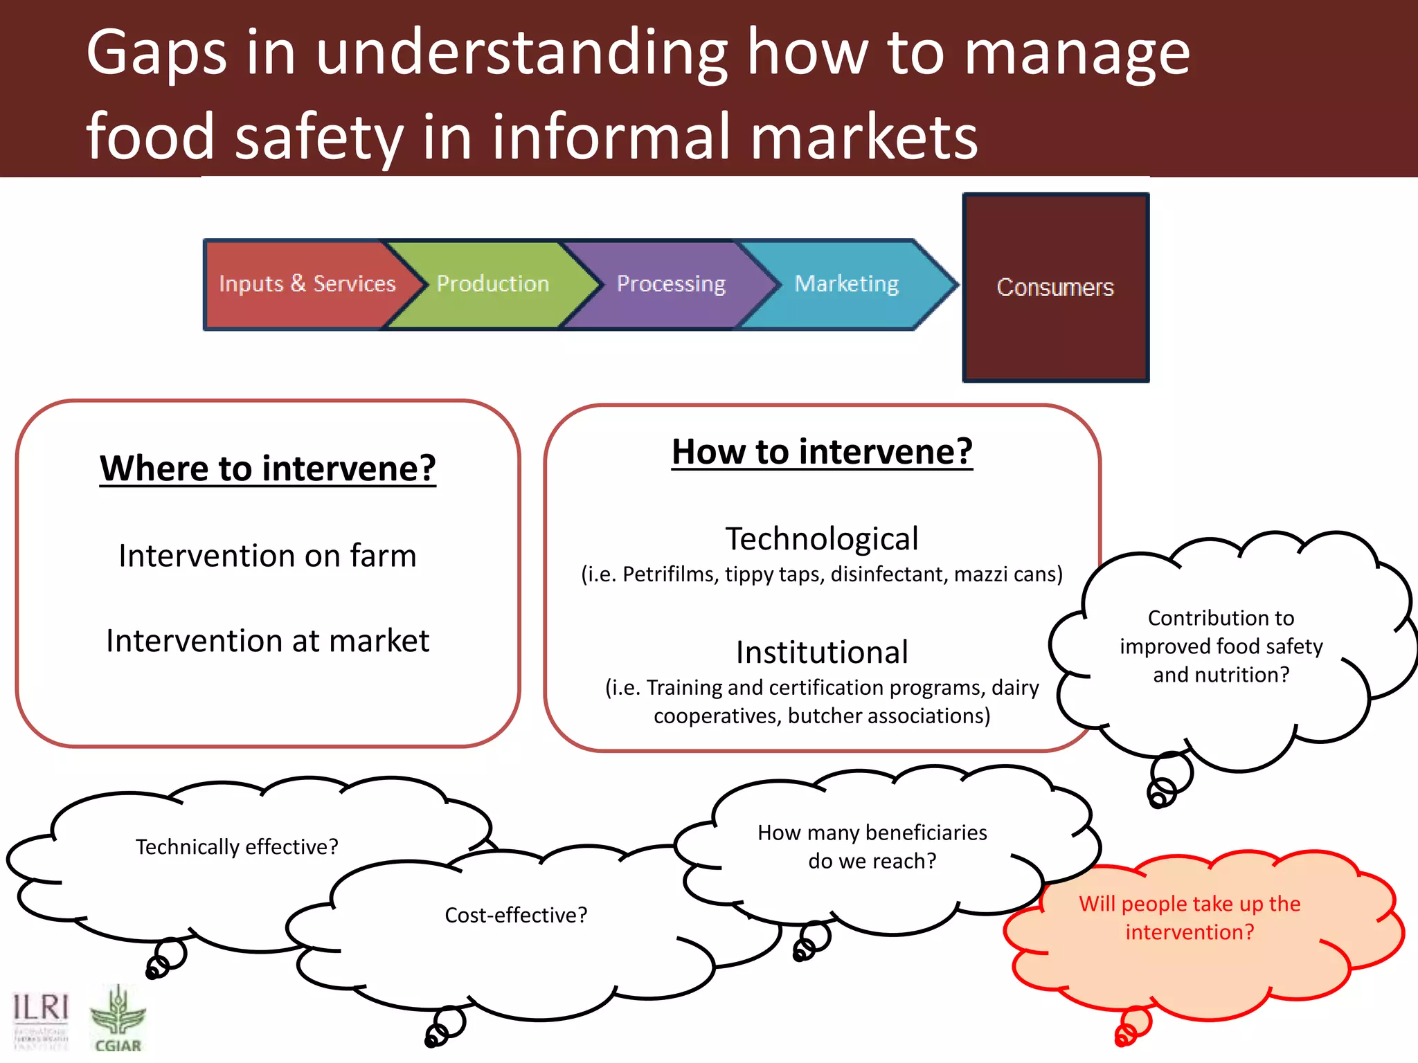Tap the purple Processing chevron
point(671,284)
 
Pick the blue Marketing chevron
point(846,284)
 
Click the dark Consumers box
point(1055,287)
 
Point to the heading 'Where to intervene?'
point(268,469)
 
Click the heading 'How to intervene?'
point(822,452)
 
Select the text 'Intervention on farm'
point(267,556)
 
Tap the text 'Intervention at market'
point(267,641)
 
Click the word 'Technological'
point(822,538)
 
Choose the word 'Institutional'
point(822,652)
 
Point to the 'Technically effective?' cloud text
point(237,846)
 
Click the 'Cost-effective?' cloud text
point(516,915)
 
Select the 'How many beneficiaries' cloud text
point(872,833)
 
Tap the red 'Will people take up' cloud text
point(1190,904)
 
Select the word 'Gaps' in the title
point(156,54)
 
